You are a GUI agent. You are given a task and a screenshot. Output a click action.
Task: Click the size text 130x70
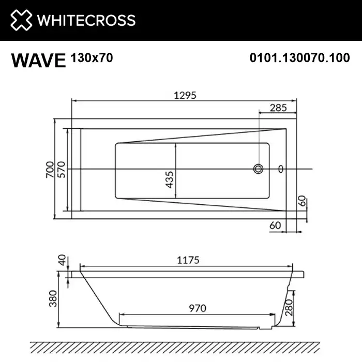click(x=91, y=57)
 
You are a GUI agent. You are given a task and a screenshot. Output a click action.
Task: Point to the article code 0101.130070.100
click(x=299, y=58)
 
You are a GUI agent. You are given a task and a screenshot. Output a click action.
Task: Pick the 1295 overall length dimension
click(x=183, y=95)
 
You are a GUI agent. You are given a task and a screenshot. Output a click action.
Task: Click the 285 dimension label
click(x=278, y=108)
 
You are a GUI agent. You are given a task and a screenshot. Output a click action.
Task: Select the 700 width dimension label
click(x=50, y=169)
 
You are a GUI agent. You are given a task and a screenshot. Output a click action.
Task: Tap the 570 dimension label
click(x=62, y=169)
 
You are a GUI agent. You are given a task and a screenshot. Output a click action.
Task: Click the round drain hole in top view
click(x=258, y=169)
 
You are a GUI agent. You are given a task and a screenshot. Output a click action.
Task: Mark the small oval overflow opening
click(x=281, y=169)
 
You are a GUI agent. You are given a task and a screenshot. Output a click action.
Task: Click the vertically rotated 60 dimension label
click(x=301, y=202)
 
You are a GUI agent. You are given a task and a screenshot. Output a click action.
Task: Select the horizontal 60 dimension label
click(x=275, y=225)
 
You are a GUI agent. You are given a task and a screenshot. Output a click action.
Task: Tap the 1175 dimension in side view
click(x=188, y=260)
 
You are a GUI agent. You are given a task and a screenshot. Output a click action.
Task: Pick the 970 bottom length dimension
click(x=197, y=308)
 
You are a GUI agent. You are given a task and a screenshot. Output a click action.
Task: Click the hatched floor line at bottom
click(x=181, y=347)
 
